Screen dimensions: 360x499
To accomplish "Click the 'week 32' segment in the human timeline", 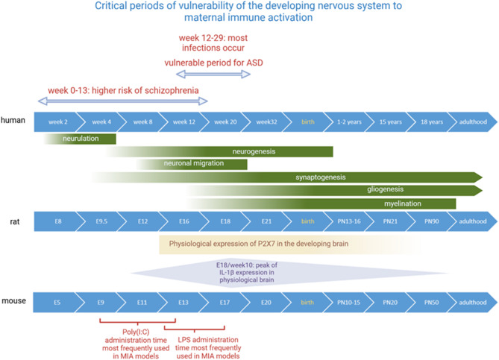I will [266, 121].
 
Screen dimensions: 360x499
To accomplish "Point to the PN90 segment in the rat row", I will [432, 221].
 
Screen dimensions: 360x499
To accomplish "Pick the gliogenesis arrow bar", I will [380, 190].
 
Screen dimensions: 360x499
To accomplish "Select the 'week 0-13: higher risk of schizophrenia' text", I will [123, 90].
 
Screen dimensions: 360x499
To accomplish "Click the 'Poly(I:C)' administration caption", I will [130, 341].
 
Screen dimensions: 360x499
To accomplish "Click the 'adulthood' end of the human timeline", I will [473, 121].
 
